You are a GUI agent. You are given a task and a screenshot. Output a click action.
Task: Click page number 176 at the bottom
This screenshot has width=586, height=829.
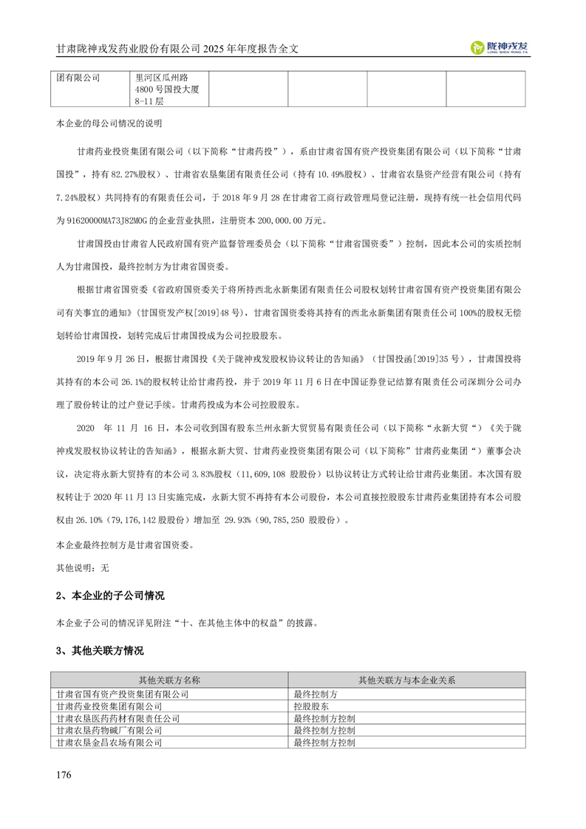(64, 774)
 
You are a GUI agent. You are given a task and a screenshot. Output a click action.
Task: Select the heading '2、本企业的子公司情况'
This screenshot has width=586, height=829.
(110, 596)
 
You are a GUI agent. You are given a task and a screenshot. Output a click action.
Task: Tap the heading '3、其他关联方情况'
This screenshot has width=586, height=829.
(100, 651)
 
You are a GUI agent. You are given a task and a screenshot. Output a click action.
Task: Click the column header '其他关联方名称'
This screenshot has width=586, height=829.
(169, 679)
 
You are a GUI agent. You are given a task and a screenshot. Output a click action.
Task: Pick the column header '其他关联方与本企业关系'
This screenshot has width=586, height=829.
(406, 679)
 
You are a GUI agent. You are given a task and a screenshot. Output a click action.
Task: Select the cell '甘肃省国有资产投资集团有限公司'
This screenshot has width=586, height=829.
(123, 695)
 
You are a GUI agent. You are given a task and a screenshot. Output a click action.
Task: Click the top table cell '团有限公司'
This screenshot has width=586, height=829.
(79, 76)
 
